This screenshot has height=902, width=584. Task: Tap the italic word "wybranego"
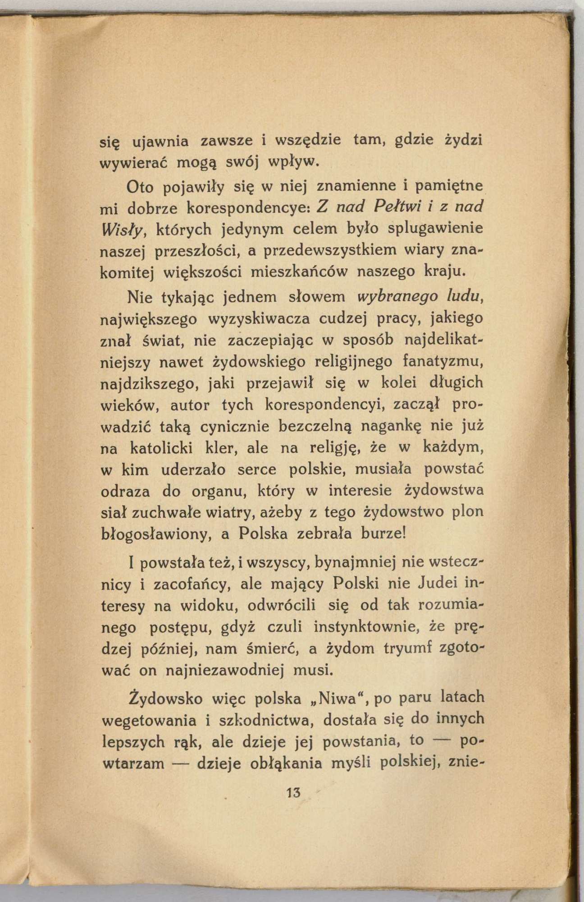click(x=397, y=297)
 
